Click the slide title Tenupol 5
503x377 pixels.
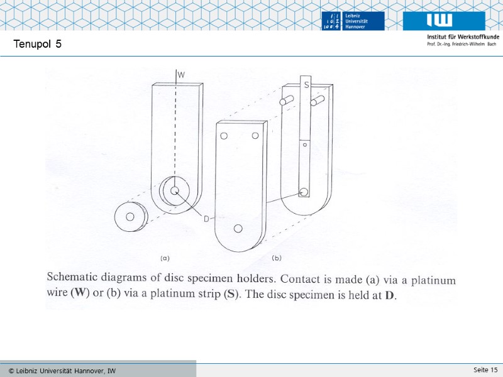(37, 43)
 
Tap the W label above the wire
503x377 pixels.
(181, 75)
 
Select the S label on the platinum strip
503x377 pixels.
(306, 85)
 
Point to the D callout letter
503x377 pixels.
(206, 219)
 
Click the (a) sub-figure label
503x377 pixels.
(165, 258)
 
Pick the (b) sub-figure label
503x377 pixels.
(276, 258)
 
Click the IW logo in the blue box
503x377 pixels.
(444, 21)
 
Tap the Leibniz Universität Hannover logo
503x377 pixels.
(353, 21)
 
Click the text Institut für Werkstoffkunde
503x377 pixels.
(463, 36)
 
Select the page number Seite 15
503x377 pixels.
(485, 369)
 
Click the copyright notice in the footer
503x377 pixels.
(62, 371)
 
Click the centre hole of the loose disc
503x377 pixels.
(130, 217)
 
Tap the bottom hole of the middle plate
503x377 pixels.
(238, 228)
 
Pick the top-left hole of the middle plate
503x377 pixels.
(224, 136)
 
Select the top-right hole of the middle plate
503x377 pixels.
(255, 136)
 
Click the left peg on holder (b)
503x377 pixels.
(286, 101)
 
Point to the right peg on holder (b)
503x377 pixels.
(317, 101)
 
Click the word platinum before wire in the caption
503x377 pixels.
(433, 280)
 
